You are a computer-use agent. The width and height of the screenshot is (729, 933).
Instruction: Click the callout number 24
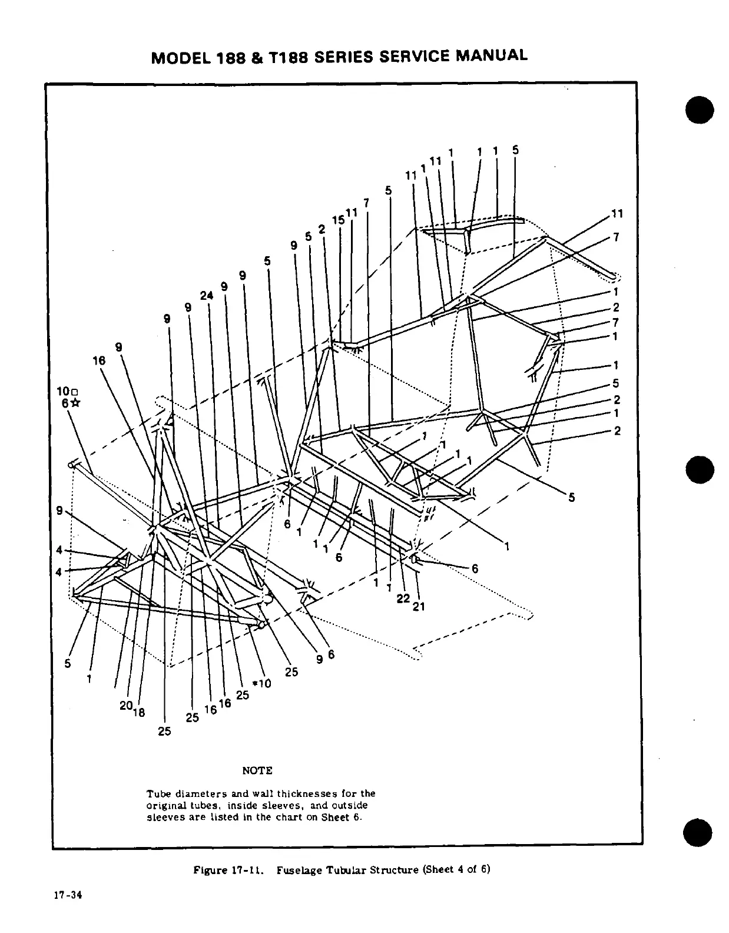click(207, 296)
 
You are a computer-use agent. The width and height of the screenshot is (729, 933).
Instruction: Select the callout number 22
click(403, 598)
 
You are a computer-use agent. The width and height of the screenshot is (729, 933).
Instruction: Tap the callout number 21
click(419, 606)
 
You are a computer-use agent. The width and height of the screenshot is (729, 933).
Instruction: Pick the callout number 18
click(139, 713)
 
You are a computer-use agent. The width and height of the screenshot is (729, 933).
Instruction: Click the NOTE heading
click(257, 770)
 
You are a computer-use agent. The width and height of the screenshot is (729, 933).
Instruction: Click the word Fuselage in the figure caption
click(302, 870)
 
